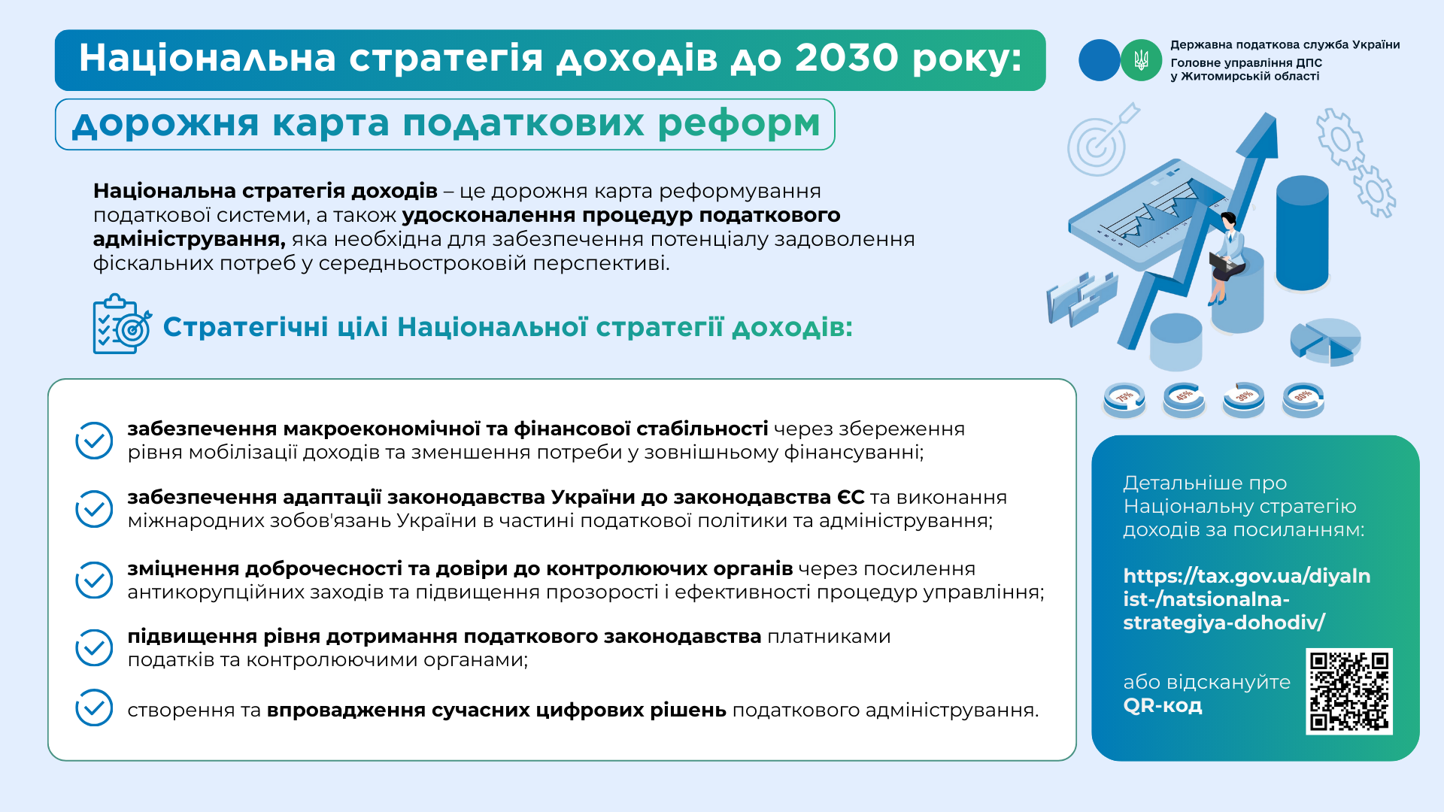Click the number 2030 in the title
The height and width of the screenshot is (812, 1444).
click(x=847, y=58)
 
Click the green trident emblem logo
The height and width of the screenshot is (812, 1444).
click(x=1141, y=60)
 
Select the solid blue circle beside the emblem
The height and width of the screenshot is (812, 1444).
click(x=1100, y=60)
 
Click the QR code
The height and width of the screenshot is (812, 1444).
click(x=1349, y=691)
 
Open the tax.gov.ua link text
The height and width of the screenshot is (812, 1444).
click(x=1246, y=599)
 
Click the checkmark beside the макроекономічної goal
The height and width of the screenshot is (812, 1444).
click(x=94, y=441)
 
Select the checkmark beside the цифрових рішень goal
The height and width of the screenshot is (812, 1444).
click(x=94, y=707)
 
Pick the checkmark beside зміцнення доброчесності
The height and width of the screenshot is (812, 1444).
click(x=94, y=580)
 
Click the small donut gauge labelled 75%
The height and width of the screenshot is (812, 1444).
click(x=1124, y=399)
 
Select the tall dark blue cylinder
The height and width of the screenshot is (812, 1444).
click(x=1302, y=233)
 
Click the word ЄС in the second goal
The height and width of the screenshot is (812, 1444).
click(x=851, y=498)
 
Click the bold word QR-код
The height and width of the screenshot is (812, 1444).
click(x=1163, y=706)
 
